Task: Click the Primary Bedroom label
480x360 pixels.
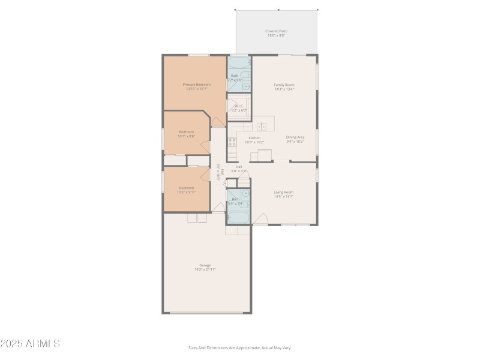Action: tap(197, 85)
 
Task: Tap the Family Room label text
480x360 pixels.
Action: tap(284, 85)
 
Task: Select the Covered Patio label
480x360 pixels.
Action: tap(275, 31)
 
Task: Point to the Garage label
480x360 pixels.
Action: tap(205, 265)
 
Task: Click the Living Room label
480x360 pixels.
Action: tap(283, 192)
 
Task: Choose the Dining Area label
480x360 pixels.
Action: tap(295, 137)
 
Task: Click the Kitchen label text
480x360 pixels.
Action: tap(254, 137)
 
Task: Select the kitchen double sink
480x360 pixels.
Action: tap(262, 127)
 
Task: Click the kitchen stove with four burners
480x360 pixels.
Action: tap(232, 143)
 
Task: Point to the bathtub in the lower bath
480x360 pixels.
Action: tap(239, 217)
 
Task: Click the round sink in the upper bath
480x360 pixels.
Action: tap(246, 86)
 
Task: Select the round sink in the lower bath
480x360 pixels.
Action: tap(246, 194)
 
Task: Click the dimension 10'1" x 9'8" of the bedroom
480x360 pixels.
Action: tap(187, 136)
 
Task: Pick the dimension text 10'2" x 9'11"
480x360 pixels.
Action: tap(187, 192)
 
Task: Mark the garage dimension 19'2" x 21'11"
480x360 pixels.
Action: tap(205, 269)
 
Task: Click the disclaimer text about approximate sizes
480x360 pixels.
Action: tap(240, 347)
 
